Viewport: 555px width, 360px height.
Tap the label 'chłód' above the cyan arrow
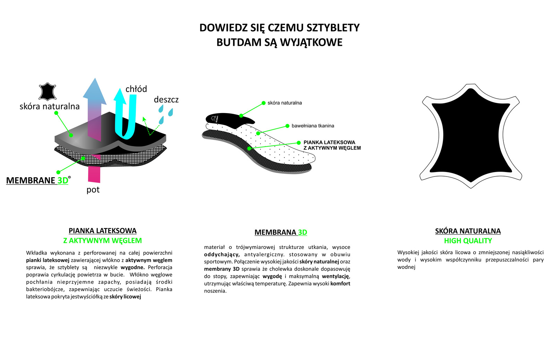click(x=136, y=89)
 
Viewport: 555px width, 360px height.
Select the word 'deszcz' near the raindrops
click(x=166, y=100)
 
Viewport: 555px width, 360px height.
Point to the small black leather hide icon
click(x=48, y=92)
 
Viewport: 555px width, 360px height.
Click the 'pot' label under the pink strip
click(x=93, y=190)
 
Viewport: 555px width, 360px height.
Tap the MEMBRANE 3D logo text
click(x=37, y=180)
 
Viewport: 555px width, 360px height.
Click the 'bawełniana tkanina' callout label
click(x=313, y=126)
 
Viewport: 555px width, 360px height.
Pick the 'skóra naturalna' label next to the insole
click(x=284, y=103)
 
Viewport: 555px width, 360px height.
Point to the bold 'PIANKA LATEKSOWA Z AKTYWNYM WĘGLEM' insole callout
click(x=332, y=145)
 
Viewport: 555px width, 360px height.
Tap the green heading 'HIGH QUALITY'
click(x=468, y=241)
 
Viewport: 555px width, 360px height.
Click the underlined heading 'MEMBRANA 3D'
click(x=281, y=232)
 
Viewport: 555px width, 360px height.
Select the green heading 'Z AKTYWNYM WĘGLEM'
click(x=102, y=241)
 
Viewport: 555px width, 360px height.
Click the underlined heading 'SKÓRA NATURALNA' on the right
click(x=468, y=231)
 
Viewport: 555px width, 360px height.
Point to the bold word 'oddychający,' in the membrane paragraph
click(x=222, y=255)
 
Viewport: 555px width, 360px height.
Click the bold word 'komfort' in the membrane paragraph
click(x=340, y=284)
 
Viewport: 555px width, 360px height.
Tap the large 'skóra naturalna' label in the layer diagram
click(x=50, y=106)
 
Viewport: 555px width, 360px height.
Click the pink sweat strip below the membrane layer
click(x=94, y=174)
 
